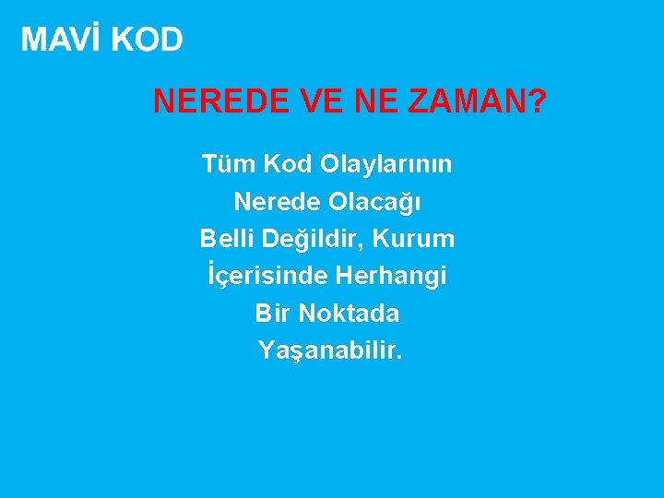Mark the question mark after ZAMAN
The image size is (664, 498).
pos(536,101)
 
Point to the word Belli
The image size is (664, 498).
pos(227,239)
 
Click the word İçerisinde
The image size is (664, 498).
pos(267,276)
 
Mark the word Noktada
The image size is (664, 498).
pos(348,314)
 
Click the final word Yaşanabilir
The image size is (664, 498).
pos(330,351)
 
